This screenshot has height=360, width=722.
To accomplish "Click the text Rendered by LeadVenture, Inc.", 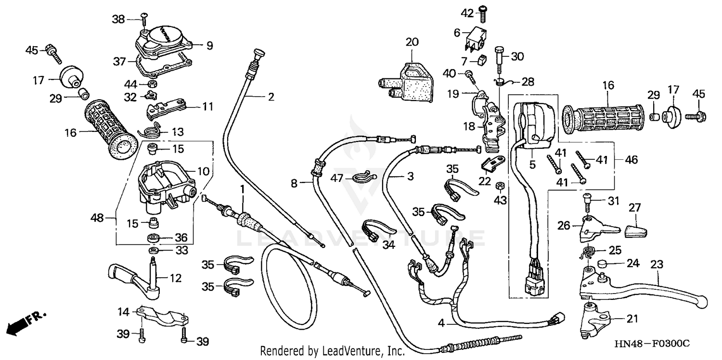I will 333,351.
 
